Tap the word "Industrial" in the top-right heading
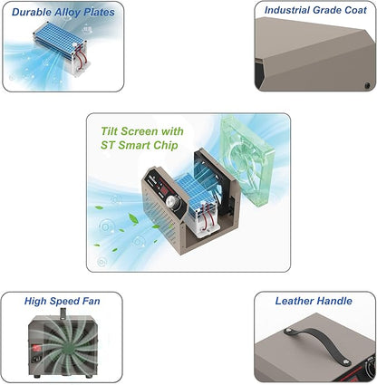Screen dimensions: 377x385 click(x=287, y=10)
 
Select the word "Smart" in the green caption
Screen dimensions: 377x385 click(x=133, y=145)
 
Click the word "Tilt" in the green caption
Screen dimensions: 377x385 click(x=110, y=131)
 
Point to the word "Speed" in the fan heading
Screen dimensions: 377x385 click(x=63, y=302)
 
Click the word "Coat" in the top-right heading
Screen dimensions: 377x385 click(x=355, y=10)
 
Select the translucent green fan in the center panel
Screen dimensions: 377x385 click(x=247, y=163)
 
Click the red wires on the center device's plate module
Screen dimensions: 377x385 click(x=207, y=217)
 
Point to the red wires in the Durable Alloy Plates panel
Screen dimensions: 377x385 click(x=79, y=55)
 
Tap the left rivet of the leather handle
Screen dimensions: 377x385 click(x=287, y=331)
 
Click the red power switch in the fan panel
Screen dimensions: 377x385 click(x=37, y=348)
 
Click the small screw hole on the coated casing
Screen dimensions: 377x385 click(x=367, y=85)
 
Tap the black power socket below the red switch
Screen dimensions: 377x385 click(x=36, y=359)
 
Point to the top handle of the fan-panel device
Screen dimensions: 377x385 click(x=63, y=313)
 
